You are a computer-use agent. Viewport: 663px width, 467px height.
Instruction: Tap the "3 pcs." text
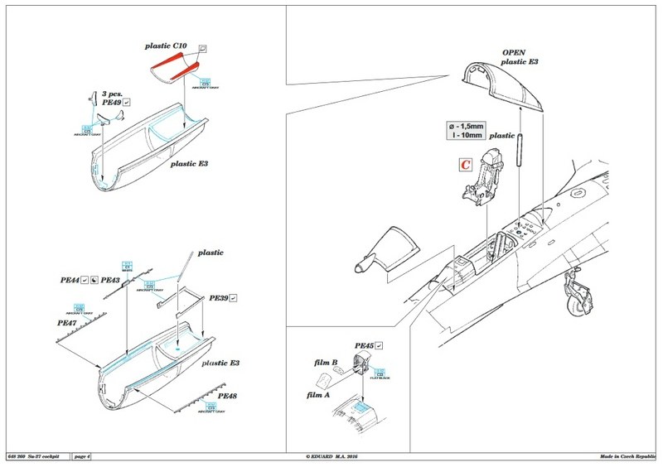(113, 95)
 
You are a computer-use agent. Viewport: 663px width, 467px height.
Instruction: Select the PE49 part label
(108, 105)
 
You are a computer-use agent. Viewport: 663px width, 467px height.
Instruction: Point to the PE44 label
(70, 282)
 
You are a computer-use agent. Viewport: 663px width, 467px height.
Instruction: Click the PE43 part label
(111, 282)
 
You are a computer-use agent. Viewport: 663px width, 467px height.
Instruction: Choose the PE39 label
(218, 296)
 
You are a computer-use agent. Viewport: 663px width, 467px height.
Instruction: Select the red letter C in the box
(467, 165)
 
